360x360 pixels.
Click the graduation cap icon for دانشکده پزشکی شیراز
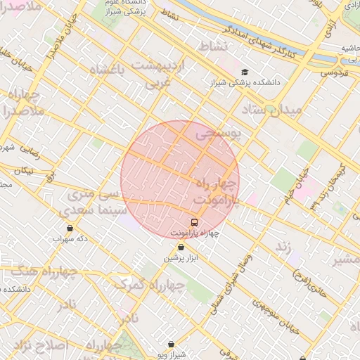(244, 72)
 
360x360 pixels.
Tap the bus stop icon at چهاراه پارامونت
(195, 222)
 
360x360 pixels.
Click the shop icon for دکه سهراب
(70, 228)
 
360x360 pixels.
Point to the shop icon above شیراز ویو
(172, 345)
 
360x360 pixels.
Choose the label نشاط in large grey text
(214, 46)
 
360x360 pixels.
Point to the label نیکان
(24, 170)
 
